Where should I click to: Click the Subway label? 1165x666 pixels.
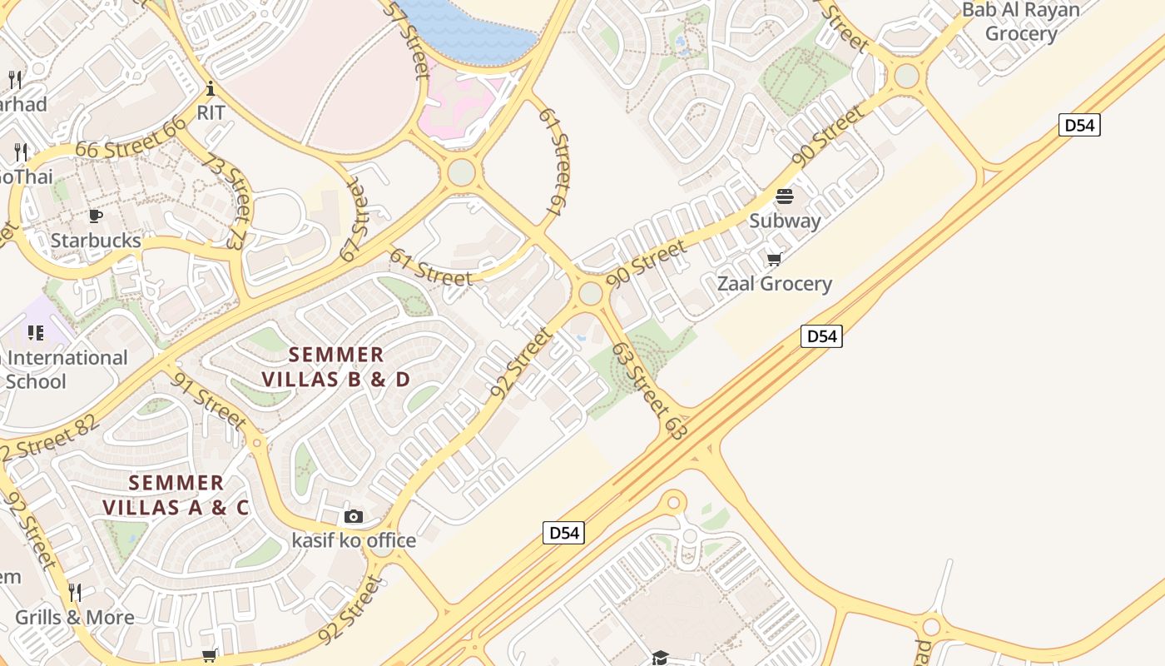coord(785,221)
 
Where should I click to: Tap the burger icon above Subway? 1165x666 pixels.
coord(785,197)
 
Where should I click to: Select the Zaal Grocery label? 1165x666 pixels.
coord(774,284)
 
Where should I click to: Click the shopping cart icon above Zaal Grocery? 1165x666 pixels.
coord(774,260)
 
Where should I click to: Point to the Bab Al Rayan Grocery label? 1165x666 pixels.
coord(1021,22)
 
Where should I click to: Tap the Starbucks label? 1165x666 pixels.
coord(96,241)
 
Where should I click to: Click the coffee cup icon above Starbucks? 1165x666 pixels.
coord(96,216)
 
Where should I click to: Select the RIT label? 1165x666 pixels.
coord(211,112)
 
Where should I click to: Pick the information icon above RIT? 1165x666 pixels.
coord(211,88)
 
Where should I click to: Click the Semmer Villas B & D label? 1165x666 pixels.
coord(336,367)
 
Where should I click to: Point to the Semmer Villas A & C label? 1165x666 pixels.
coord(176,495)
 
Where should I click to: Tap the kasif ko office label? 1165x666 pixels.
coord(354,540)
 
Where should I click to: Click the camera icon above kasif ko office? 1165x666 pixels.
coord(354,517)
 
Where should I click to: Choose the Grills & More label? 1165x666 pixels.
coord(75,618)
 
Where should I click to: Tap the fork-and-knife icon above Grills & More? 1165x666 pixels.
coord(75,593)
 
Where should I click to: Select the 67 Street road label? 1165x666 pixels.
coord(354,221)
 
